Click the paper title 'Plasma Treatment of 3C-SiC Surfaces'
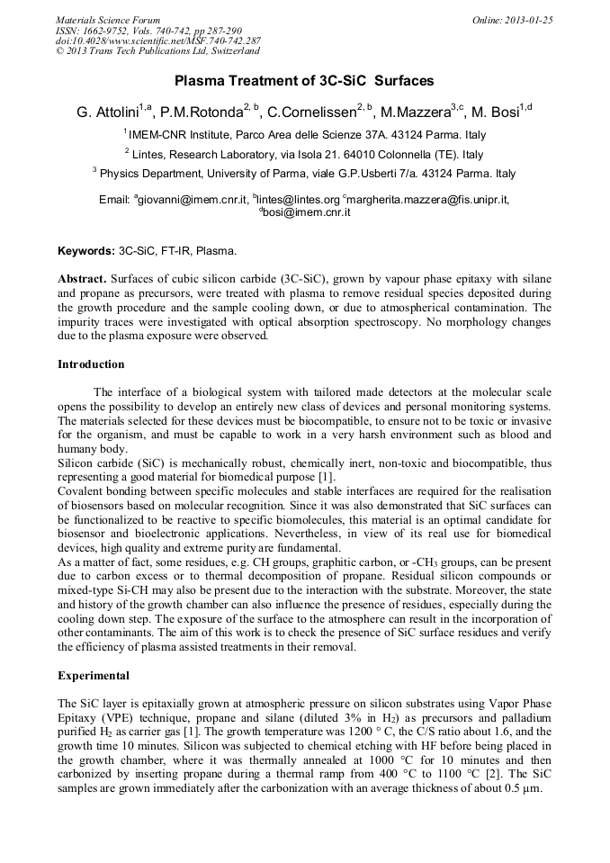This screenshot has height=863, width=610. pyautogui.click(x=304, y=81)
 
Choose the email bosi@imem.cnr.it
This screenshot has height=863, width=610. pyautogui.click(x=307, y=213)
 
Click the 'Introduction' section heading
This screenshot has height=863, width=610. pyautogui.click(x=91, y=364)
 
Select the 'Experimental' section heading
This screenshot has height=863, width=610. pyautogui.click(x=93, y=675)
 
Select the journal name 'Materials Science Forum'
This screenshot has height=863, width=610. pyautogui.click(x=108, y=20)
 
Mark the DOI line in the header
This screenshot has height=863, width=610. pyautogui.click(x=158, y=41)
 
